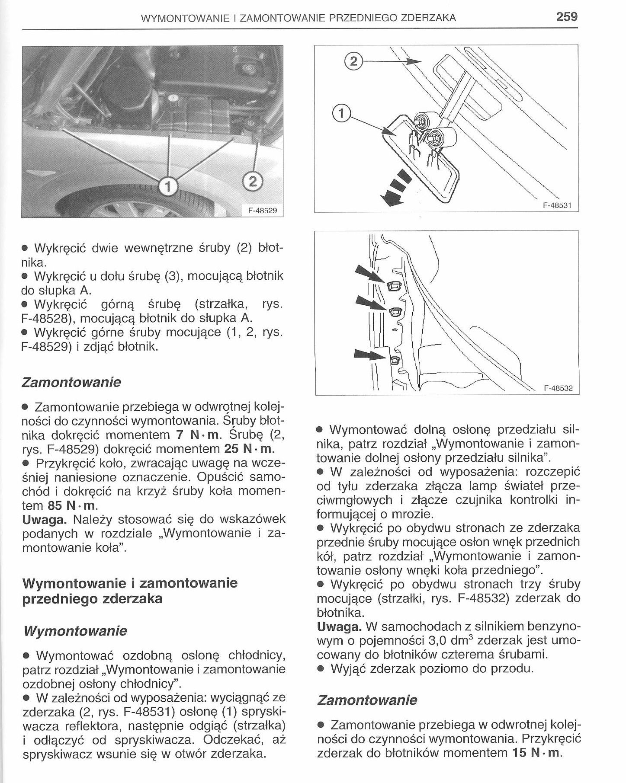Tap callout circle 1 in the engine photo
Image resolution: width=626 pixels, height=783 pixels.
click(167, 187)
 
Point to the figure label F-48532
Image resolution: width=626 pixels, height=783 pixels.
click(558, 388)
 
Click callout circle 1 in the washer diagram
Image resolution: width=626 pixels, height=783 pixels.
click(341, 113)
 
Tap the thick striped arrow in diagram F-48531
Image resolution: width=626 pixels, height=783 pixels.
click(395, 189)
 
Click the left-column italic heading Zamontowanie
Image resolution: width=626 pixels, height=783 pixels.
click(71, 383)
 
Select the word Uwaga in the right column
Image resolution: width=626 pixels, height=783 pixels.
click(340, 626)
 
